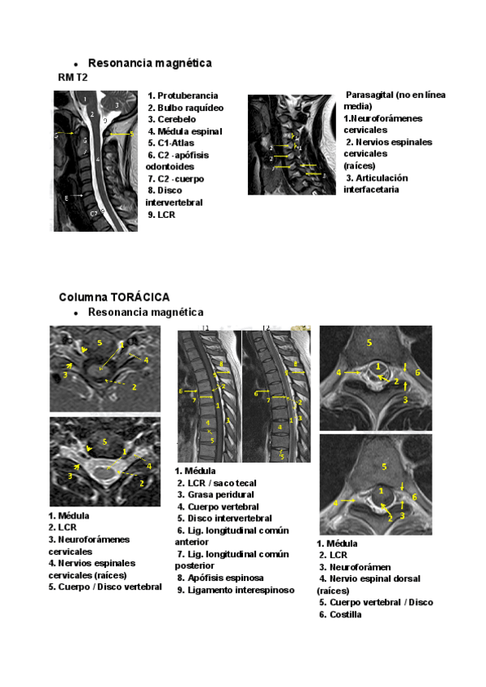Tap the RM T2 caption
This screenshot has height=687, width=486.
pyautogui.click(x=72, y=77)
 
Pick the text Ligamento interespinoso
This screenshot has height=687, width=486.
pyautogui.click(x=232, y=591)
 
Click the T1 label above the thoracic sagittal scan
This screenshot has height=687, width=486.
pyautogui.click(x=206, y=327)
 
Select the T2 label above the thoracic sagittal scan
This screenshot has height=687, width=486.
pyautogui.click(x=266, y=327)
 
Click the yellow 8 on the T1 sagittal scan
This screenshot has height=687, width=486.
pyautogui.click(x=220, y=365)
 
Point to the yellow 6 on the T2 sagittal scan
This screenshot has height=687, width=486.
pyautogui.click(x=255, y=394)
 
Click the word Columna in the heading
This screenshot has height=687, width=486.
pyautogui.click(x=81, y=297)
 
